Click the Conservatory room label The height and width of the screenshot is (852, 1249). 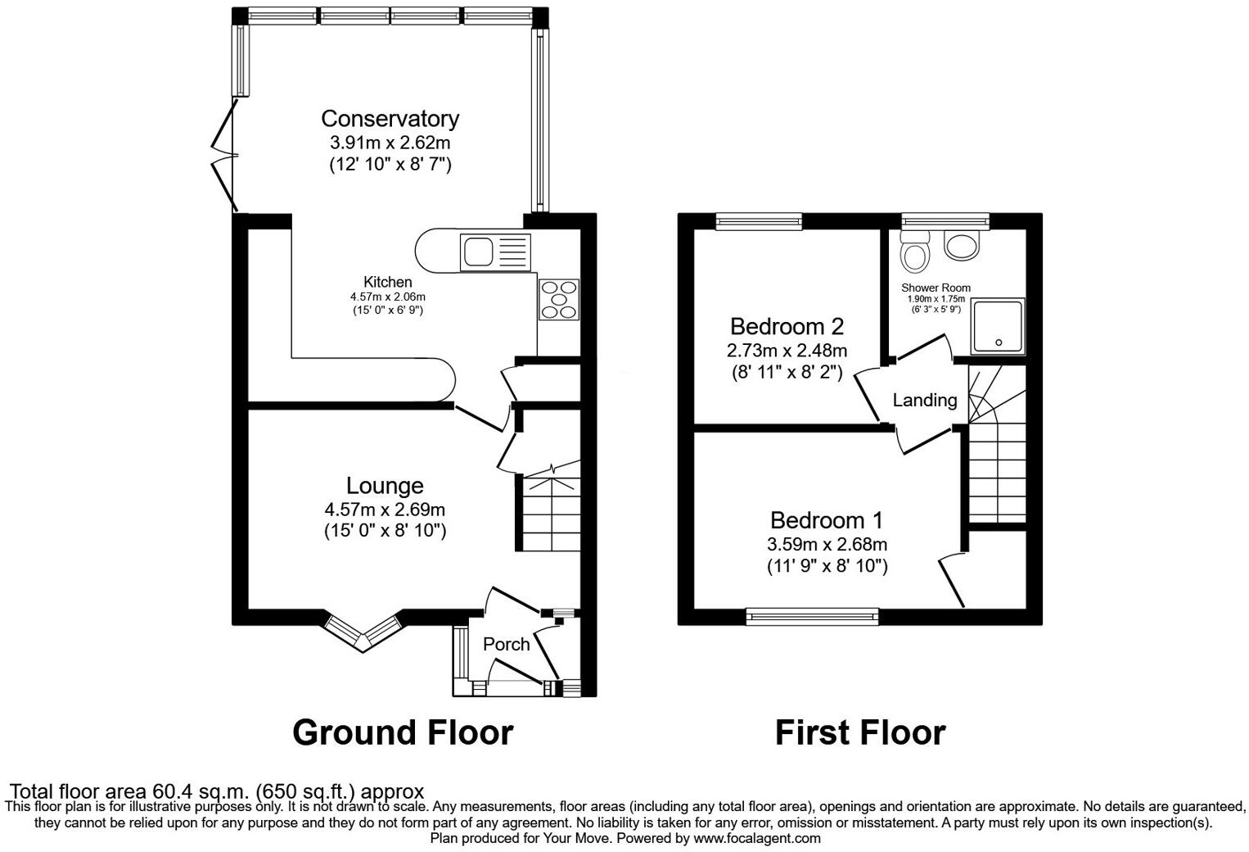[x=390, y=119]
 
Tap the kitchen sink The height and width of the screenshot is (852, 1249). [x=494, y=252]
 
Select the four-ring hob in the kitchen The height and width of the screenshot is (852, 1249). [x=559, y=299]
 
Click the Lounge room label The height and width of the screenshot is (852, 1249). [x=385, y=486]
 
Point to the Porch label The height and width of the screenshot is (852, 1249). [x=506, y=645]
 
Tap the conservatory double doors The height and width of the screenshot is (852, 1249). [x=223, y=155]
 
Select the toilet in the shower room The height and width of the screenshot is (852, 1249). [x=914, y=251]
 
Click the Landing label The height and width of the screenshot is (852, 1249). [x=924, y=400]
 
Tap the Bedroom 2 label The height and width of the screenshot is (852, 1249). [x=787, y=327]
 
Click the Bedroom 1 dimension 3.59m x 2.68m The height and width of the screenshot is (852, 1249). [x=827, y=544]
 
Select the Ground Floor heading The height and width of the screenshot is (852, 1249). [x=403, y=732]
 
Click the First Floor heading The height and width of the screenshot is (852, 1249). [x=860, y=732]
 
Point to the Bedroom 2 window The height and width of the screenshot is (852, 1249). [x=758, y=220]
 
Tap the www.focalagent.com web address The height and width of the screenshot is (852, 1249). [x=757, y=839]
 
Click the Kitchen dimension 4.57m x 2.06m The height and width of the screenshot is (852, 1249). [x=388, y=297]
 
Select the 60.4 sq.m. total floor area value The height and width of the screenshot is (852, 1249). [x=201, y=792]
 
